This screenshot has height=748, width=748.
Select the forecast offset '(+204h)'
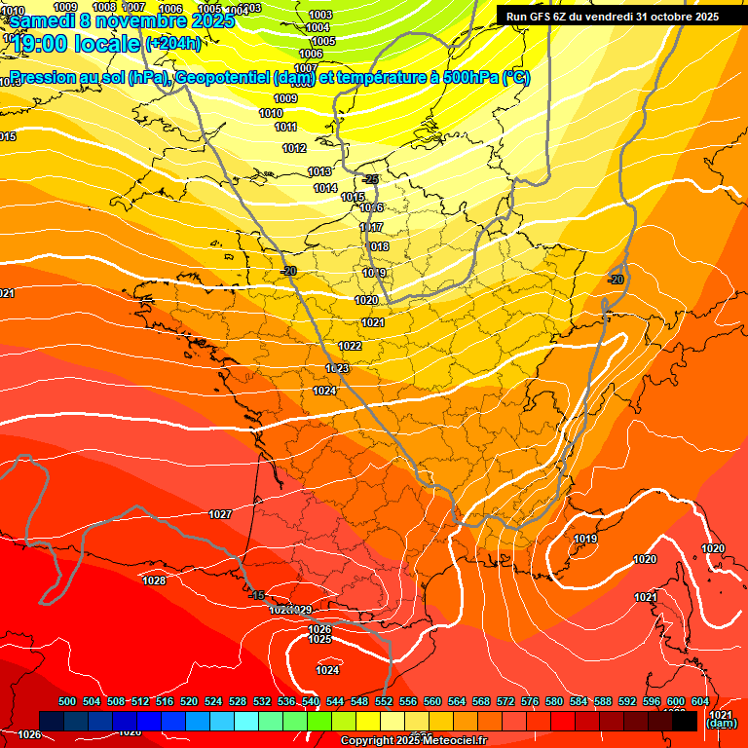[172, 44]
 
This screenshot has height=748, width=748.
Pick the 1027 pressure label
[220, 514]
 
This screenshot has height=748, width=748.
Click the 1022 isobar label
[351, 346]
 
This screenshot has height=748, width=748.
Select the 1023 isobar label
[337, 368]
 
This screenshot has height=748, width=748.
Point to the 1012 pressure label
[294, 148]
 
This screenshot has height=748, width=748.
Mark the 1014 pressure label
[325, 188]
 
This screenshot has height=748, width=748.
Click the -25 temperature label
[370, 179]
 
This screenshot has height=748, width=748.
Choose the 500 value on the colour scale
[67, 701]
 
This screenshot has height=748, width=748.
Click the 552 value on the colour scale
[384, 701]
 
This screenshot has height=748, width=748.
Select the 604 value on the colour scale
[700, 701]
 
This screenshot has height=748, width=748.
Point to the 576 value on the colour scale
[530, 701]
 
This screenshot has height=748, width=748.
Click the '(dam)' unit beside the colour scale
[722, 724]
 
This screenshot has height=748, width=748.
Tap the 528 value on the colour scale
[238, 701]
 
